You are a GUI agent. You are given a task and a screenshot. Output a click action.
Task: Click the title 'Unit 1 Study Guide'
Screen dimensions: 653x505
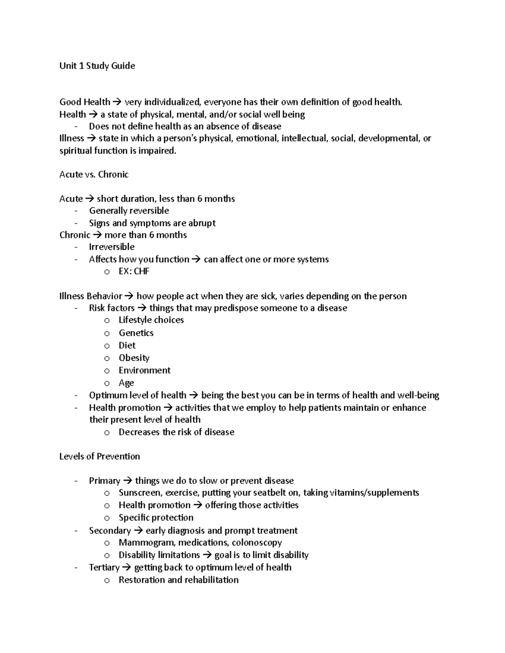click(97, 66)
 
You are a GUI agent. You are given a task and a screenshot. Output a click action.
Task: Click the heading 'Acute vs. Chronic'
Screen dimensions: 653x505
click(94, 174)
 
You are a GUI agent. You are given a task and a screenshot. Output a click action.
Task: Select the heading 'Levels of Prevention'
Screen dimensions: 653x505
click(100, 456)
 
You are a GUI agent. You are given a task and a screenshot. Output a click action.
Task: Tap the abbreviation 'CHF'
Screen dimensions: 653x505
click(142, 271)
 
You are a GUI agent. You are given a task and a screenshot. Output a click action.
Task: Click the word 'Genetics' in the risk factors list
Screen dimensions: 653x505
click(136, 333)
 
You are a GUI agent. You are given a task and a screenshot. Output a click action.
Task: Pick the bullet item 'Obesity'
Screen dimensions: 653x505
click(134, 358)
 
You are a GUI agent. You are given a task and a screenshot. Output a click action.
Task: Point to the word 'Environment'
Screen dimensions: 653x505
click(144, 370)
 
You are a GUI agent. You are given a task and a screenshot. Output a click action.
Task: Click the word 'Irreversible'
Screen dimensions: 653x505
click(112, 247)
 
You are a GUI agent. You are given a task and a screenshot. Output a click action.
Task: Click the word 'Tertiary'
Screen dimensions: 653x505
click(104, 568)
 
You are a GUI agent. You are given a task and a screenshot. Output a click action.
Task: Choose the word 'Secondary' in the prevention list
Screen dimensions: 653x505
click(110, 531)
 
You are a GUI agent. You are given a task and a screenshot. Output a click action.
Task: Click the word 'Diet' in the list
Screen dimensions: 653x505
click(127, 346)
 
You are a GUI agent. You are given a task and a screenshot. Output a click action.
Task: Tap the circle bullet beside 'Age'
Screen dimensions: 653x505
click(107, 383)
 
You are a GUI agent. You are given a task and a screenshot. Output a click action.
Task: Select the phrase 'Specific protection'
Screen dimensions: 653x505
click(156, 518)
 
